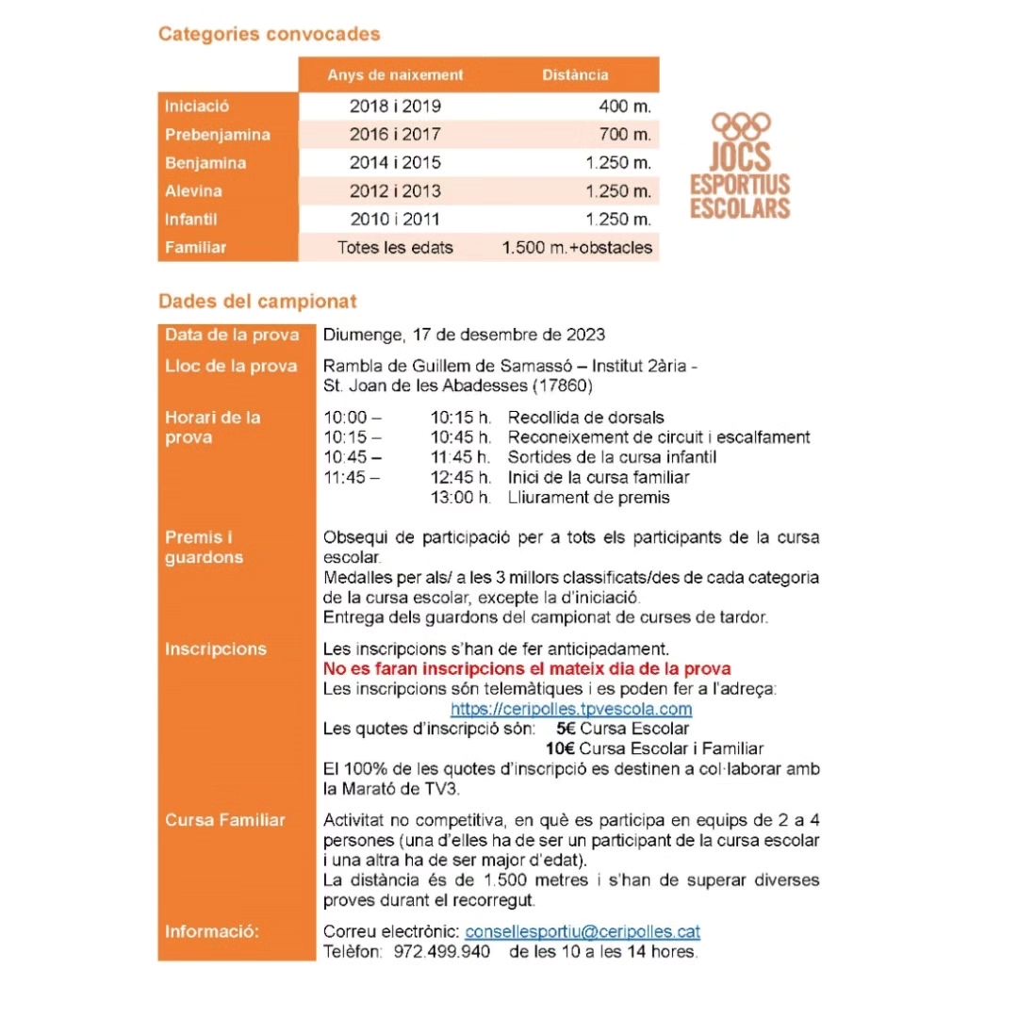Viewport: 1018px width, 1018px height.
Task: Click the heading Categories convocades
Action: [x=269, y=35]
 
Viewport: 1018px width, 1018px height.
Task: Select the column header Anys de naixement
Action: [x=395, y=75]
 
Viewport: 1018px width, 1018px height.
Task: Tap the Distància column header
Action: [x=575, y=75]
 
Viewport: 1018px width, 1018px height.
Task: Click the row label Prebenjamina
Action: [x=217, y=135]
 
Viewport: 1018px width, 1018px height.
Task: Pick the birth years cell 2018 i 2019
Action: [x=395, y=107]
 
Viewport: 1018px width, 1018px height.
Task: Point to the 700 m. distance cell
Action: [x=625, y=135]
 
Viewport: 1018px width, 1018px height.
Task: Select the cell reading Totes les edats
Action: [x=395, y=248]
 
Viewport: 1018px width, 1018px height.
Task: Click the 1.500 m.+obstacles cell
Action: [x=577, y=248]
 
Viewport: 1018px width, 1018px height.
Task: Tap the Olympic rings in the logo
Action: [x=740, y=124]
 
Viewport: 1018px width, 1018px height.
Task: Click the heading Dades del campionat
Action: [x=257, y=302]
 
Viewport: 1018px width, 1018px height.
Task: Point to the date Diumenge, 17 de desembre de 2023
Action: [x=464, y=335]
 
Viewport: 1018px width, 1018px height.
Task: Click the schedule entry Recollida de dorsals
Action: [x=585, y=418]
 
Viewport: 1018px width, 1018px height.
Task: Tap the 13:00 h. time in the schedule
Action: [x=461, y=497]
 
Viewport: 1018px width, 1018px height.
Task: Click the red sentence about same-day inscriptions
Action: [x=526, y=669]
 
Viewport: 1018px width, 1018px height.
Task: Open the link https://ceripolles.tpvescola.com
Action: [x=571, y=709]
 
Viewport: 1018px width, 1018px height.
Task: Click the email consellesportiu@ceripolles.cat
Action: [x=583, y=931]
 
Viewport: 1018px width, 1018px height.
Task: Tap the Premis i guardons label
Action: [x=204, y=548]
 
